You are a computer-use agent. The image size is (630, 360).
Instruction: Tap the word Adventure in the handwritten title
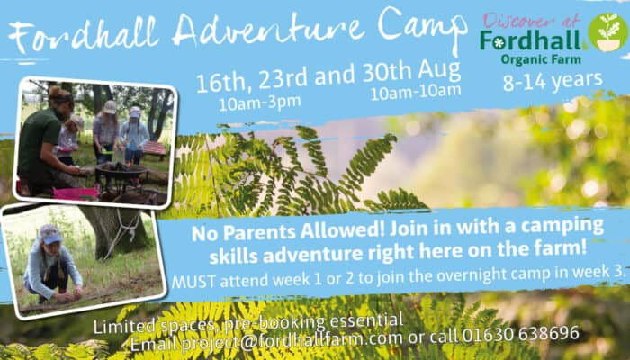[x=270, y=27]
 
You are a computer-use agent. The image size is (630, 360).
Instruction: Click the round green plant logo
[x=608, y=32]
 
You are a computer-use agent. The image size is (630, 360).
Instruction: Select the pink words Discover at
[x=532, y=21]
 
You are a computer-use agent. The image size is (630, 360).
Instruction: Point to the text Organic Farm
[x=541, y=60]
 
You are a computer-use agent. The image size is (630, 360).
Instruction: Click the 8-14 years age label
[x=553, y=82]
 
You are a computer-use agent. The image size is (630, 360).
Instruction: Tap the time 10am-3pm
[x=259, y=103]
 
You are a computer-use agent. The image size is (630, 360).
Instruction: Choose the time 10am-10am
[x=416, y=93]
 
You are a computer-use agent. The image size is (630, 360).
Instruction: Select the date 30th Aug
[x=411, y=72]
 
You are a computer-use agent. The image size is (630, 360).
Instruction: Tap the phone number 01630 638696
[x=520, y=334]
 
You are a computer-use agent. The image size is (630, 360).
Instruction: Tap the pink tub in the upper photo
[x=76, y=193]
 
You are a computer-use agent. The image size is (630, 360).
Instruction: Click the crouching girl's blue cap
[x=50, y=234]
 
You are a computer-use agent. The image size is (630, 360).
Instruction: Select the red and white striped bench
[x=154, y=148]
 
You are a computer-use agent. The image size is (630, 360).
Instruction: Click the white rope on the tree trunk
[x=124, y=233]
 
